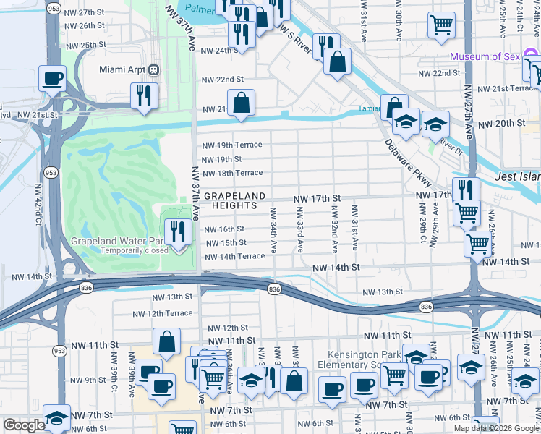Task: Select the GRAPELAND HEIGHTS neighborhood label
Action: point(231,201)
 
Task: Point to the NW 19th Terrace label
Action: point(231,145)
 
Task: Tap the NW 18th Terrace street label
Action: point(231,173)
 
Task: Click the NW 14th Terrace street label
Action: point(234,256)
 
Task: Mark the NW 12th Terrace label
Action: point(162,313)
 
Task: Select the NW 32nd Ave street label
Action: point(335,229)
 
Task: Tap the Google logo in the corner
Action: point(24,425)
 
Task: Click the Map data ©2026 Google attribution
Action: point(496,428)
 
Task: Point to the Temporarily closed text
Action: point(135,250)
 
